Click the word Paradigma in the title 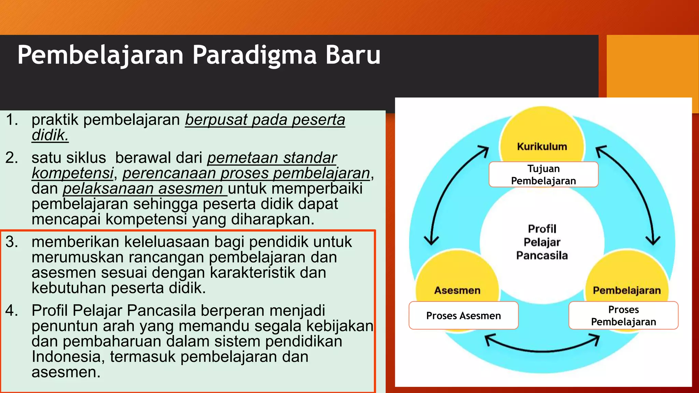coord(254,55)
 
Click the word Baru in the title coord(353,55)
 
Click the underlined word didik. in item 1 coord(50,135)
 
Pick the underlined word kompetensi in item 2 coord(72,173)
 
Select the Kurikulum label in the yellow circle coord(542,147)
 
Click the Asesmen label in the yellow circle coord(457,290)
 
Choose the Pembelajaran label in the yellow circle coord(627,290)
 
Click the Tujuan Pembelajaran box coord(543,175)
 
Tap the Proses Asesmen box coord(463,316)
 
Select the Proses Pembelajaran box coord(623,316)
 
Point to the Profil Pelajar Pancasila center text coord(542,242)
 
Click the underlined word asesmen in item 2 coord(190,189)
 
